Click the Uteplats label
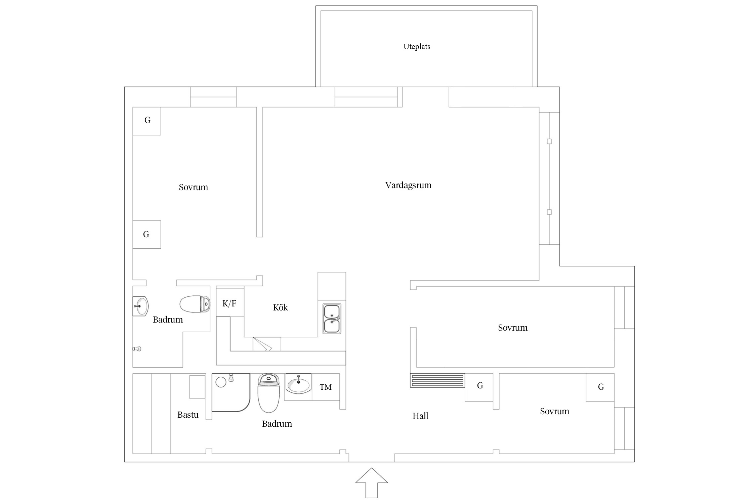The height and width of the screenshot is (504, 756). coord(417,46)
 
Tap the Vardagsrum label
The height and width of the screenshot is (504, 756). coord(408,185)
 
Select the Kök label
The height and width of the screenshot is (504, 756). coord(281,307)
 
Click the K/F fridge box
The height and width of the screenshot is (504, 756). coord(230,302)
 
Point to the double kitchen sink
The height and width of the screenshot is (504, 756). coord(332,319)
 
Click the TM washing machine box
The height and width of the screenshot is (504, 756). coord(326,387)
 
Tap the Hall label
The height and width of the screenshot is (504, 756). coord(420,416)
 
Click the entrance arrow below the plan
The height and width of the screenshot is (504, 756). coord(372,482)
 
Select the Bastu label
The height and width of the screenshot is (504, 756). coord(188,415)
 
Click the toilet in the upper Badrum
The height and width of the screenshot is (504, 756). coord(195,304)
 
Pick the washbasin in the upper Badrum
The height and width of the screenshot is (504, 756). coord(140,306)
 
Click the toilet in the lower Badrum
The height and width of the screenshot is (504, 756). coord(268,393)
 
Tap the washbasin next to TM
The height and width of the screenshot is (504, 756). coord(298,384)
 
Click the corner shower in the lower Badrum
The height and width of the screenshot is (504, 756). coord(231,392)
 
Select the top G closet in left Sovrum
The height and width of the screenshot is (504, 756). coord(147,121)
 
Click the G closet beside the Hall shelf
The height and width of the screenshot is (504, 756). coord(479,387)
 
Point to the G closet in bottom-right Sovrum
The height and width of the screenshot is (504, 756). coord(600,387)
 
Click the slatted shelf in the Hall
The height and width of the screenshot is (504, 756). coord(437,380)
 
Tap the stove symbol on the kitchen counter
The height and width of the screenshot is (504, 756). coord(267,344)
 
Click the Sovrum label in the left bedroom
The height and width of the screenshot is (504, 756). coord(193,187)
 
